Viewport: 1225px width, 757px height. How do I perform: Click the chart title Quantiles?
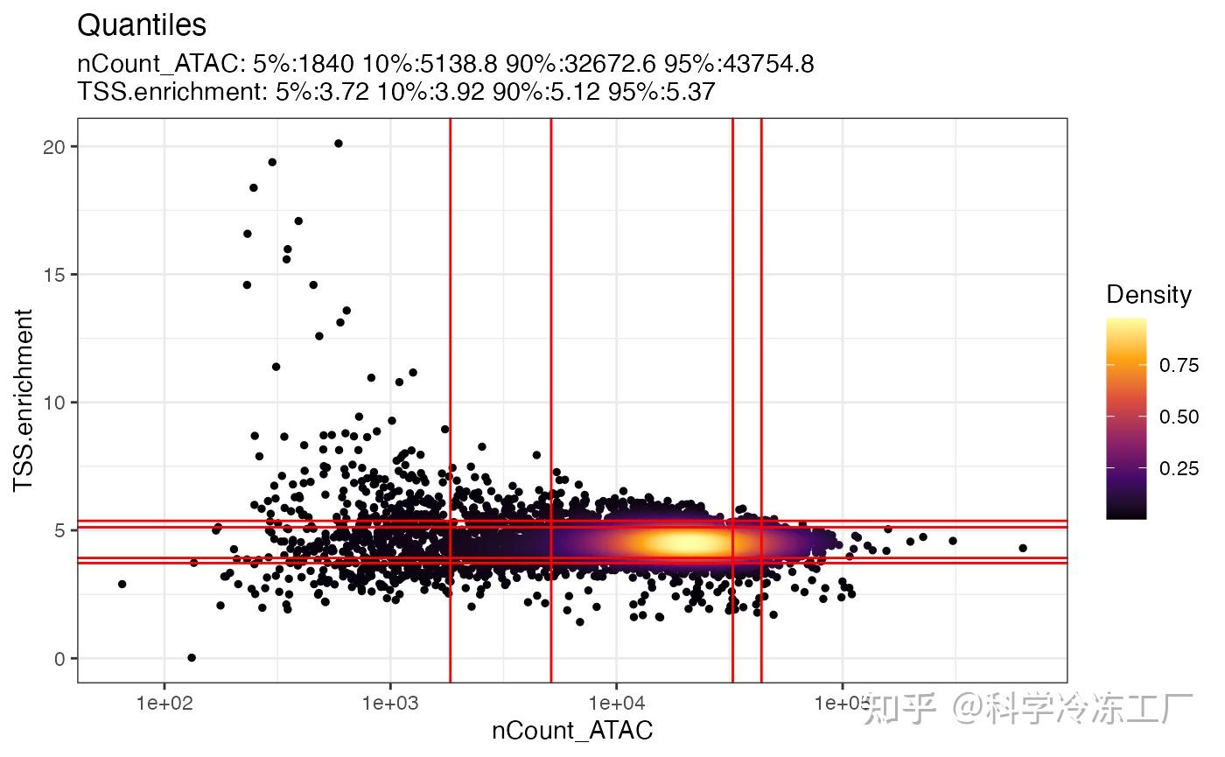click(x=142, y=25)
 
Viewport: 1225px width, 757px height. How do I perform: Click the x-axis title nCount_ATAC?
click(x=572, y=730)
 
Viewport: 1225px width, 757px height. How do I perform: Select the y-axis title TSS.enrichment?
click(x=24, y=400)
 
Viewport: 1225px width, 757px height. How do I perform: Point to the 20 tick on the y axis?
click(x=54, y=146)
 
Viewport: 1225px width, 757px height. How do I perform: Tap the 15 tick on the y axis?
click(x=54, y=275)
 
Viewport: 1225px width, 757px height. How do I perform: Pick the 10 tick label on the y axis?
click(x=54, y=403)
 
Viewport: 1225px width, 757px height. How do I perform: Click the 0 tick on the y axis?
click(x=59, y=659)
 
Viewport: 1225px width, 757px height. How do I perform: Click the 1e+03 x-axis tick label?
click(x=390, y=703)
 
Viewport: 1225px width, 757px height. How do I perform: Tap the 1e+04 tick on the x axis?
click(x=616, y=703)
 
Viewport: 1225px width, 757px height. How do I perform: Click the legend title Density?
click(x=1149, y=295)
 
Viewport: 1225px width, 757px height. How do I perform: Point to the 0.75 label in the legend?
click(x=1179, y=366)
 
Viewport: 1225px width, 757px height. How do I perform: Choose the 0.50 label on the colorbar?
click(x=1179, y=417)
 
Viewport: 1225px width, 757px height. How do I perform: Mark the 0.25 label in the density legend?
click(x=1179, y=469)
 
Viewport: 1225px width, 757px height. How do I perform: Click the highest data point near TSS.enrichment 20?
click(x=338, y=144)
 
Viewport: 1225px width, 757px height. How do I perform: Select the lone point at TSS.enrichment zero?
click(x=192, y=657)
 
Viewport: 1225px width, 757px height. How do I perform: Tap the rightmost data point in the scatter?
click(x=1022, y=548)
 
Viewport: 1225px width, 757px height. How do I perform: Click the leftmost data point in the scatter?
click(x=122, y=584)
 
